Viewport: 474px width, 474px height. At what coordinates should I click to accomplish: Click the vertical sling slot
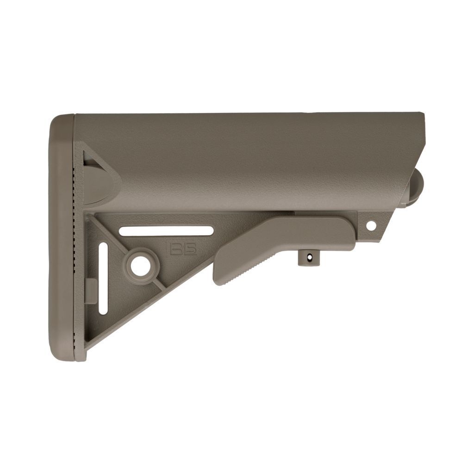[103, 278]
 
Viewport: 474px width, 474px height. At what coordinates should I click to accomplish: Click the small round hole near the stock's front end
[371, 225]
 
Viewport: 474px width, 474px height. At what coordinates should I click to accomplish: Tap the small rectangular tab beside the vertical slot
[91, 291]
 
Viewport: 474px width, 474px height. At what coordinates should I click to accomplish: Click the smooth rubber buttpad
[60, 236]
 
